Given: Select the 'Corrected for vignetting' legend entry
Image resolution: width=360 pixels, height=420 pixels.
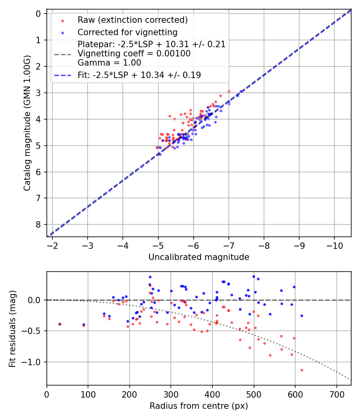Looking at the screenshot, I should click(128, 32).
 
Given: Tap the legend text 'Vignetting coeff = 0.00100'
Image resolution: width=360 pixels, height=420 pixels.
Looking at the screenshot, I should click(134, 53).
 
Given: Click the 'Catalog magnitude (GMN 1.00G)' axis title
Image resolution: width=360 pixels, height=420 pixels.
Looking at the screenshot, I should click(27, 123).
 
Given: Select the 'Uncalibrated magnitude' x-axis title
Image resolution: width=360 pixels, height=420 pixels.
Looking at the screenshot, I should click(199, 257).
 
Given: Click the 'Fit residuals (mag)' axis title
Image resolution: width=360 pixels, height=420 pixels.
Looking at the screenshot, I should click(12, 328).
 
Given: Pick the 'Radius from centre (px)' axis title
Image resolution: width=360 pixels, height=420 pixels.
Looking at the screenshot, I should click(199, 406).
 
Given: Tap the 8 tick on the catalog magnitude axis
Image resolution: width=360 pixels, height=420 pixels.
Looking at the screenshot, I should click(38, 224).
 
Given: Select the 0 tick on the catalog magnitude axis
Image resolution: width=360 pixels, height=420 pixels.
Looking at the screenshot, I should click(38, 14).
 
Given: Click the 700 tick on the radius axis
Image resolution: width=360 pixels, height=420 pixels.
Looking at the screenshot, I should click(336, 394).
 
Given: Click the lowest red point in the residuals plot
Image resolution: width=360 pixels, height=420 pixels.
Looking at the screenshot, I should click(302, 370).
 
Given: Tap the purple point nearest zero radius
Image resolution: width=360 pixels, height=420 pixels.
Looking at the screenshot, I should click(60, 324).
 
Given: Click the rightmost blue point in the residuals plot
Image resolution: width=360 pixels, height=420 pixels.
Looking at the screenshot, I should click(302, 316).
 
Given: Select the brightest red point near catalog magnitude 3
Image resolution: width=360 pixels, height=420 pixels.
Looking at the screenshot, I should click(229, 91).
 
